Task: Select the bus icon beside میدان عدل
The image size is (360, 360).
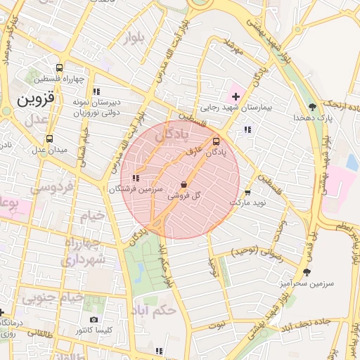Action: (49, 139)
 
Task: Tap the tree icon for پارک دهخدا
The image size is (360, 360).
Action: (311, 107)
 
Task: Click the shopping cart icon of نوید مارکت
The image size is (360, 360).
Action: (247, 192)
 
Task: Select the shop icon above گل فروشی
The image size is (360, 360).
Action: (184, 185)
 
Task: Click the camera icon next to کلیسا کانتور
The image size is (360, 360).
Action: (94, 320)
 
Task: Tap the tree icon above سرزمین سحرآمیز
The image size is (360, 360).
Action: (306, 271)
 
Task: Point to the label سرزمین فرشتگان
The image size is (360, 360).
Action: (136, 190)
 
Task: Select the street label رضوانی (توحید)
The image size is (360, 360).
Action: (257, 251)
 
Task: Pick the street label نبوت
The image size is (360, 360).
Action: (217, 325)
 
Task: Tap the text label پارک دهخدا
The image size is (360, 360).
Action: (312, 118)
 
